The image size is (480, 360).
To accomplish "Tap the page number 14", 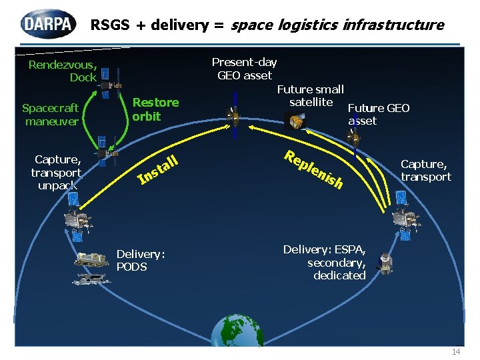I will coord(456,351).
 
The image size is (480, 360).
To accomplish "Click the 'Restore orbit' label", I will coord(155,109).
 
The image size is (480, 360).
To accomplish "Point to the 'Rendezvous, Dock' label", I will coord(63,71).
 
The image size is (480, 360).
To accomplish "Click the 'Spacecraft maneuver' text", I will coord(51,114).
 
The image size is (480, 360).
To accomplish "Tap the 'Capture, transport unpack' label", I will coord(57,172).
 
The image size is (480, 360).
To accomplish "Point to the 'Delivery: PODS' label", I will coord(141,260).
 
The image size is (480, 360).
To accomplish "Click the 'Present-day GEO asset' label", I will coord(244,69).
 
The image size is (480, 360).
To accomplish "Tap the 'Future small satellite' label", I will coord(311,95).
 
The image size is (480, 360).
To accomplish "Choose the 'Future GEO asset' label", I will coord(378,114).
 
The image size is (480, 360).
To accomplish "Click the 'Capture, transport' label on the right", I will coord(425,170).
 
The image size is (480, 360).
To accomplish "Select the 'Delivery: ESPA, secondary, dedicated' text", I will coord(325,262).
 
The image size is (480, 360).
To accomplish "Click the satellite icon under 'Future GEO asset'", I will coord(355,137).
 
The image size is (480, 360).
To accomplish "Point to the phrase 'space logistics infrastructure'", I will coord(337,25).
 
